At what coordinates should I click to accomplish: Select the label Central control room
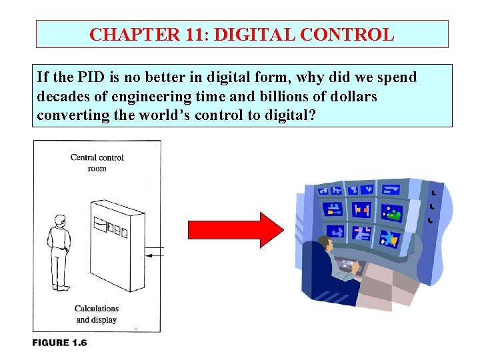(97, 163)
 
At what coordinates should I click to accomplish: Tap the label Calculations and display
(97, 314)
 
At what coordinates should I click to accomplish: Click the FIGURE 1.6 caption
(60, 343)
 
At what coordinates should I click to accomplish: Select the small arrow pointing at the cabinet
(155, 255)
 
